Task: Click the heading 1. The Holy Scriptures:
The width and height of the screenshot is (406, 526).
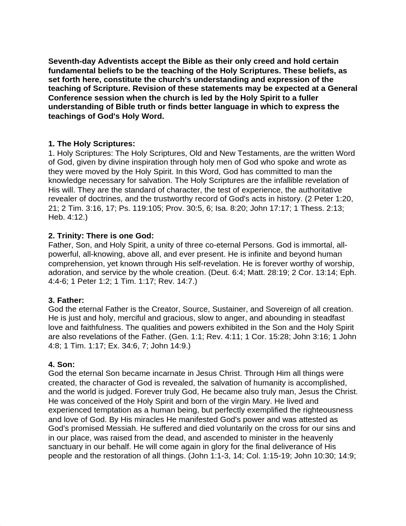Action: point(92,144)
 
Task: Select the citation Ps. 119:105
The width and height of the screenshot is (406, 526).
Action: point(140,208)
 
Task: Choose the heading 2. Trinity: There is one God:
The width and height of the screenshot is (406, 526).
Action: point(101,236)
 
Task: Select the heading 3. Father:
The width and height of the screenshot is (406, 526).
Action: point(66,300)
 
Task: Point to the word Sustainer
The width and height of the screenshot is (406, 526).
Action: point(230,309)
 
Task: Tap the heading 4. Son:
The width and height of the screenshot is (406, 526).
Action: point(62,364)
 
